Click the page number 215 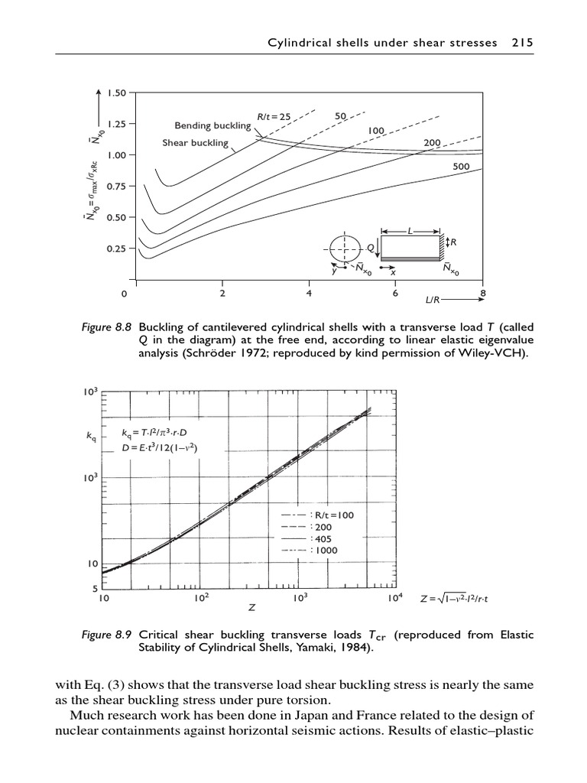tap(522, 43)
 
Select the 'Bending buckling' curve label tap(212, 125)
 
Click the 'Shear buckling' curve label tap(195, 143)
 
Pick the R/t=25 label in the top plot tap(274, 117)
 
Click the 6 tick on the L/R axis tap(395, 293)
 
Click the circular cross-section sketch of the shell tap(345, 249)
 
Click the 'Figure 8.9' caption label tap(107, 635)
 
